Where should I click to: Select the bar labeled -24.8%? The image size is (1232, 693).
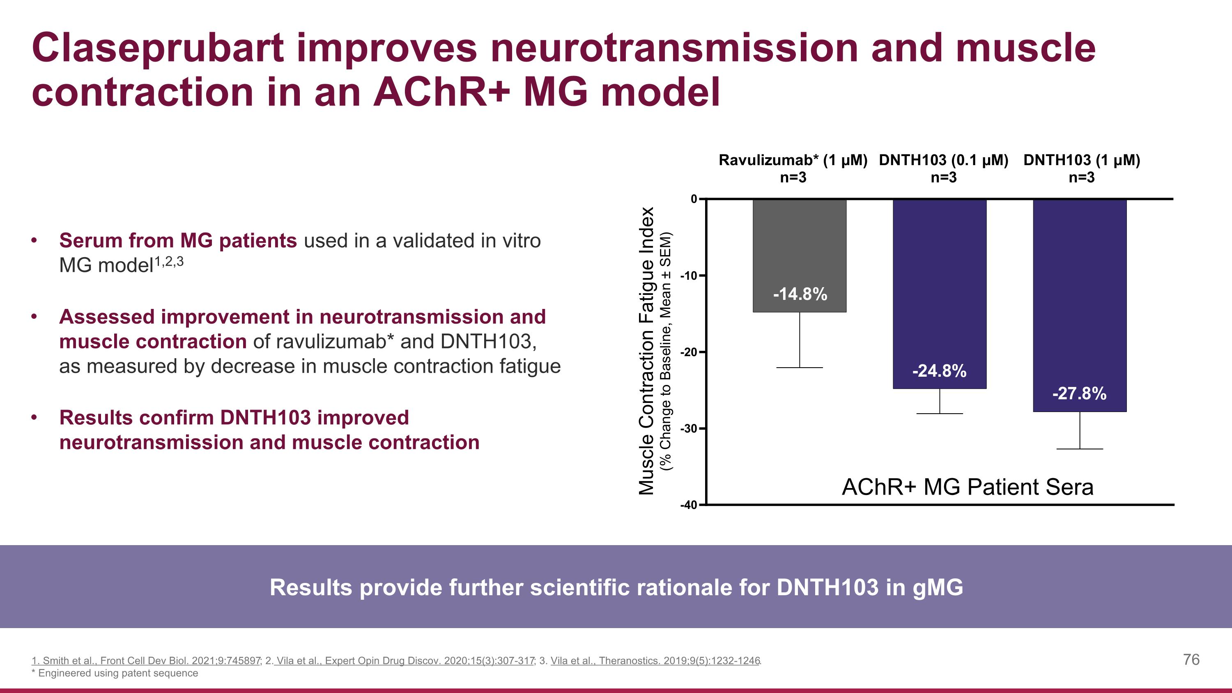(x=939, y=287)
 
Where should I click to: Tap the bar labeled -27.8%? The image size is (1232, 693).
(x=1079, y=297)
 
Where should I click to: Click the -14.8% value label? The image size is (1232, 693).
(x=800, y=294)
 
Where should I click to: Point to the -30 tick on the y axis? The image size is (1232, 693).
(x=691, y=428)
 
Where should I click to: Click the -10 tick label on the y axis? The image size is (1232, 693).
(x=691, y=276)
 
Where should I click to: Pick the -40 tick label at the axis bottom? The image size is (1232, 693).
(x=691, y=505)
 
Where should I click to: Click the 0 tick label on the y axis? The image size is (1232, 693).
(x=694, y=199)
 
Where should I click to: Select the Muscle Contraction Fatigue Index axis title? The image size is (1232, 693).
(x=647, y=350)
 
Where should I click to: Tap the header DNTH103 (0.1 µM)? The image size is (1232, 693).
(x=943, y=160)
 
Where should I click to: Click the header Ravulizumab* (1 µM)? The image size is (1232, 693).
(x=793, y=160)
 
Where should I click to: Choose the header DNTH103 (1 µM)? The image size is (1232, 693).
(x=1081, y=160)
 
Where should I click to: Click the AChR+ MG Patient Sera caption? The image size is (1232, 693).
(x=967, y=487)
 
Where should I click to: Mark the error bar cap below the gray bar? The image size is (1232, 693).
(x=799, y=368)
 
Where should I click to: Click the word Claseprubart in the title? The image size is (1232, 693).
(x=158, y=48)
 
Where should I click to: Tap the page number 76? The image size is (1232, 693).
(x=1191, y=660)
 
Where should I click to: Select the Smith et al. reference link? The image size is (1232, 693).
(x=146, y=661)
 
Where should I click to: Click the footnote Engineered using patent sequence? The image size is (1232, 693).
(x=117, y=673)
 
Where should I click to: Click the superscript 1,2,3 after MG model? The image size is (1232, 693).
(x=169, y=262)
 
